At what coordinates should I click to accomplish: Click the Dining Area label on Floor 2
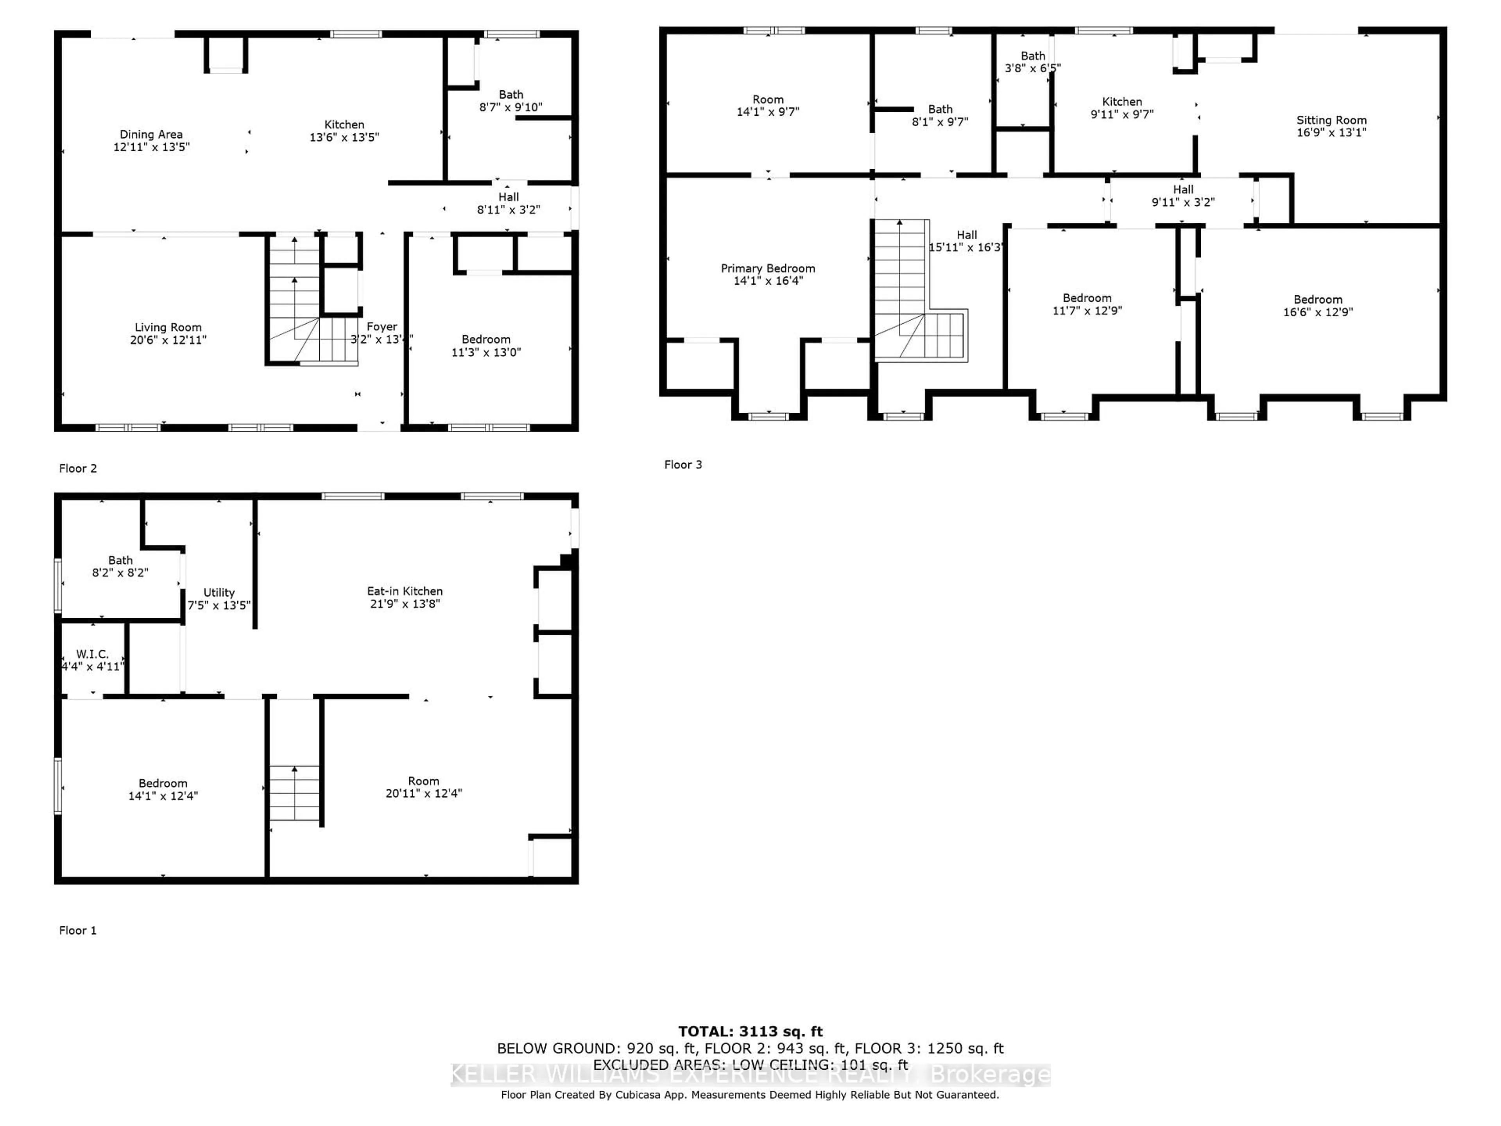(x=150, y=134)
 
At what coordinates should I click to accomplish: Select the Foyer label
(x=382, y=326)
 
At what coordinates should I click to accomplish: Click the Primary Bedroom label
(x=767, y=268)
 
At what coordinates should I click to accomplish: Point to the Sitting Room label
(x=1331, y=120)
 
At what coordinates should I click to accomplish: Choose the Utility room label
(x=219, y=593)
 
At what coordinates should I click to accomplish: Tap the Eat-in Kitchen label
(x=405, y=591)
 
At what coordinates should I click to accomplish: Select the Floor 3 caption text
(x=682, y=464)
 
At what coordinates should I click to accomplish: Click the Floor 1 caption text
(x=77, y=930)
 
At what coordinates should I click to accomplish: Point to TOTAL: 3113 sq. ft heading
(x=750, y=1032)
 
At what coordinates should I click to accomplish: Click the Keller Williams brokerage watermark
(x=750, y=1074)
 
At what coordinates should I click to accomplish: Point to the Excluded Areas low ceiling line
(x=750, y=1064)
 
